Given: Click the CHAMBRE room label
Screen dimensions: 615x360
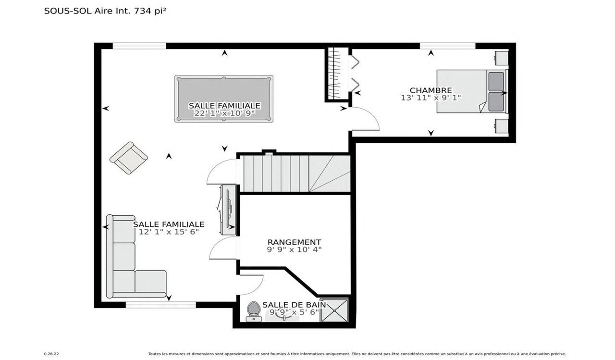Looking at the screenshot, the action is click(431, 90).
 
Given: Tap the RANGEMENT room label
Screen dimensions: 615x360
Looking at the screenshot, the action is click(295, 242).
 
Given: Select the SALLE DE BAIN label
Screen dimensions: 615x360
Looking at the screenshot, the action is click(294, 305).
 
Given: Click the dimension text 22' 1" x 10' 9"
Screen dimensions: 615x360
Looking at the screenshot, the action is click(224, 113).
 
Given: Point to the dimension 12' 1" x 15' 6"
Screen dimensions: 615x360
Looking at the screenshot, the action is click(169, 232).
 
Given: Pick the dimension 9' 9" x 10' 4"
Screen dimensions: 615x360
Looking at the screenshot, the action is click(295, 249).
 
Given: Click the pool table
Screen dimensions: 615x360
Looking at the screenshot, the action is click(224, 99).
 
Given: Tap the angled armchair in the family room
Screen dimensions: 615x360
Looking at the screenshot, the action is click(128, 158).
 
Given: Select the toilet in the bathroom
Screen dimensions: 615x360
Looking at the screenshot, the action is click(253, 311).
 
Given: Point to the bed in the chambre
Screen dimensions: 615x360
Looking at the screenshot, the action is click(472, 91).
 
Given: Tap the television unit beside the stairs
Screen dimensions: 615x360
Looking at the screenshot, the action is click(228, 210).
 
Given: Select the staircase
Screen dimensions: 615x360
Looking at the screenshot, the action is click(297, 174).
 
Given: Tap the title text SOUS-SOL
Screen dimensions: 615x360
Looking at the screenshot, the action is click(68, 11).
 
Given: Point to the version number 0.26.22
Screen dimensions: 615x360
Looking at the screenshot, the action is click(51, 354).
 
